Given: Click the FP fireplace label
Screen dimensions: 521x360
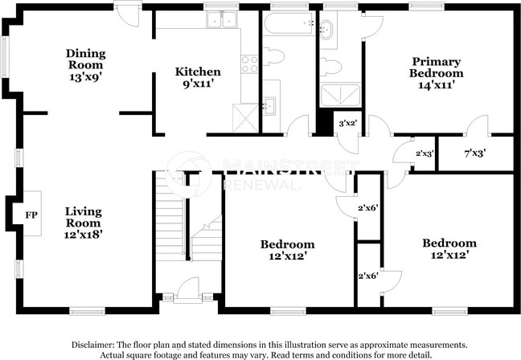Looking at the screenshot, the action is point(31,215).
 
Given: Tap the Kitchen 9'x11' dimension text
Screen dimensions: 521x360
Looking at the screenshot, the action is point(197,84).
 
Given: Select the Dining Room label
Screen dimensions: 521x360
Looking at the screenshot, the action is point(86,59).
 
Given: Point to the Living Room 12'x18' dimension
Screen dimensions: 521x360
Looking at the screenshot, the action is point(83,235).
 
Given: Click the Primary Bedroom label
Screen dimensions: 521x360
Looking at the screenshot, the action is point(436,67).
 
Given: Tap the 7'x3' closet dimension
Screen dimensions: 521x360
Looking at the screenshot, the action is point(475,153).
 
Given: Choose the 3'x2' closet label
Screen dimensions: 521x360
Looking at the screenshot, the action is point(347,123).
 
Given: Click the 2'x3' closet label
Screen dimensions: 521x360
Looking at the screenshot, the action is point(425,153).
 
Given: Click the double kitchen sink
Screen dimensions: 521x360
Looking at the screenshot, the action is point(221,19).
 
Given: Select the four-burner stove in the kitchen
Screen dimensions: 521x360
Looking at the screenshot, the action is point(249,64).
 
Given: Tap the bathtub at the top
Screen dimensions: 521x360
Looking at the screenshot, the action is point(289,22).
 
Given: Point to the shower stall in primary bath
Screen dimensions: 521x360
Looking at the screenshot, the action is point(340,95).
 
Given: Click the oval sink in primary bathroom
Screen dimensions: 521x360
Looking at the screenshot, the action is point(326,30).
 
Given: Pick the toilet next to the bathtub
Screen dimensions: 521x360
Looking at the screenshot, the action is point(273,56).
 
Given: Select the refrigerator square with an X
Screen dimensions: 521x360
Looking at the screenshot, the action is point(245,118).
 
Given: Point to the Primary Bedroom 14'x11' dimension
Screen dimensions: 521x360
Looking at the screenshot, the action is point(436,85).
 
